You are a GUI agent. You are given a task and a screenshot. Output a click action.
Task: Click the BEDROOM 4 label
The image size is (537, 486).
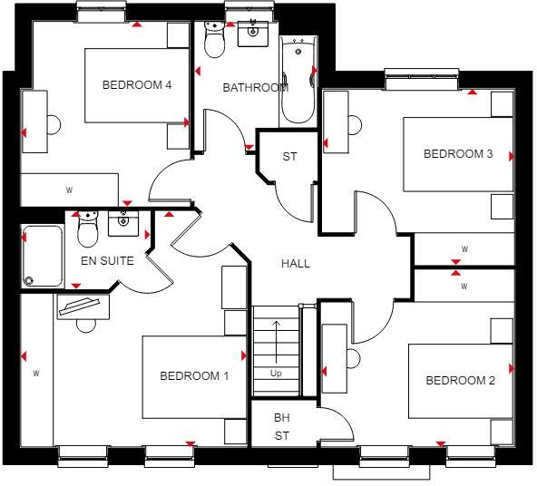[x=137, y=85]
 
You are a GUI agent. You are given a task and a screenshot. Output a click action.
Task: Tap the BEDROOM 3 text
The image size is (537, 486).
[x=458, y=154]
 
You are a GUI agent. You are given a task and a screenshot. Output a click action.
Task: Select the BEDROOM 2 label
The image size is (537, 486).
[x=461, y=381]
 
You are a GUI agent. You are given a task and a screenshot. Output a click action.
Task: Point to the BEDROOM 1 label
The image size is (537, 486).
[x=194, y=376]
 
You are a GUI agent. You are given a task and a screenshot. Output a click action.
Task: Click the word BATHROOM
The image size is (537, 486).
[x=256, y=88]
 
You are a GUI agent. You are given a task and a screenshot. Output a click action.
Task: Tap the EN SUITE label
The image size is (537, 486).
[x=107, y=261]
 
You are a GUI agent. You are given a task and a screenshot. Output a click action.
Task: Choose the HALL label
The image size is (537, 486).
[x=296, y=264]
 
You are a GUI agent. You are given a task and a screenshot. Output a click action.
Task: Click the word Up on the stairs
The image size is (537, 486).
[x=275, y=373]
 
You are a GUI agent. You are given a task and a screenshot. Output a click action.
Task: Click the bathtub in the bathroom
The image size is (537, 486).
[x=296, y=82]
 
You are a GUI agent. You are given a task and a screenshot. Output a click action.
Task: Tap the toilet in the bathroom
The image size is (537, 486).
[x=215, y=41]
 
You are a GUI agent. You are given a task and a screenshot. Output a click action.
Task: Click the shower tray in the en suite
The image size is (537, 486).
[x=41, y=257]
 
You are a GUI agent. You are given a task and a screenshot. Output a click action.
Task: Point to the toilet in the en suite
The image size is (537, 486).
[x=87, y=231]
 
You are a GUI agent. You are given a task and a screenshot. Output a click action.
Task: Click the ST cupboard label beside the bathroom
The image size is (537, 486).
[x=289, y=157]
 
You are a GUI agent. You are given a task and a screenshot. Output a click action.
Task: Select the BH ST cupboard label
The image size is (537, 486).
[x=282, y=427]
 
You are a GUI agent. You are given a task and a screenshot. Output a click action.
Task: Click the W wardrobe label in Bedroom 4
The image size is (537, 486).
[x=69, y=190]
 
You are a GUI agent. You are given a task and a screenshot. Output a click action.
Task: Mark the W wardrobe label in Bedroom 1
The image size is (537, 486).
[x=36, y=373]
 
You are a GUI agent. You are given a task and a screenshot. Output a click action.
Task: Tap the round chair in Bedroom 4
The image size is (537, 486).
[x=53, y=123]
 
